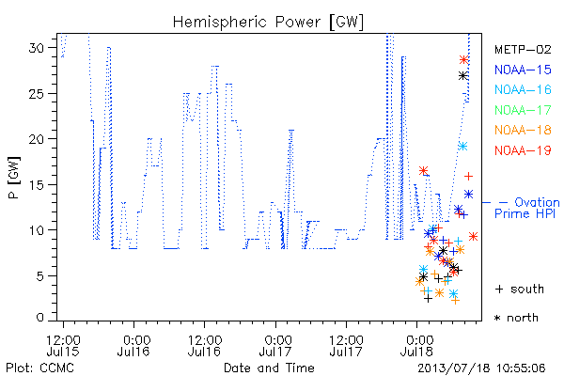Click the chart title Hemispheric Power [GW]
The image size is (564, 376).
point(268,23)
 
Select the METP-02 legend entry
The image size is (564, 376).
point(523,49)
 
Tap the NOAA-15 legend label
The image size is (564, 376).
point(523,70)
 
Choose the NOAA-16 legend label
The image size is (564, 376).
point(523,89)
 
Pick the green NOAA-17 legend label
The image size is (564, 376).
point(523,110)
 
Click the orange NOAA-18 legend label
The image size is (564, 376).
point(523,130)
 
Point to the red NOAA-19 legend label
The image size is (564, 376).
point(523,150)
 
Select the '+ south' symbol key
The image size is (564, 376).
point(520,289)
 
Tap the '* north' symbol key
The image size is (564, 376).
point(516,318)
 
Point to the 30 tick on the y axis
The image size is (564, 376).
point(37,48)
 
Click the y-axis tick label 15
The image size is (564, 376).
point(37,184)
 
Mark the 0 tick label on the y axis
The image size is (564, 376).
point(39,318)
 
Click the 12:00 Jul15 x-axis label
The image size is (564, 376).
point(63,345)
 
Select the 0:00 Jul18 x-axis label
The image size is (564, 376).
point(416,345)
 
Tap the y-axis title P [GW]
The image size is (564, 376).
point(14,178)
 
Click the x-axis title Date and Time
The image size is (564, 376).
point(269,368)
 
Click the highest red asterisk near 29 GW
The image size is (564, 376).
point(464,60)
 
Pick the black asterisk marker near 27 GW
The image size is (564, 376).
point(463,76)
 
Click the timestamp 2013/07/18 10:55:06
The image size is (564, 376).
point(481,368)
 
